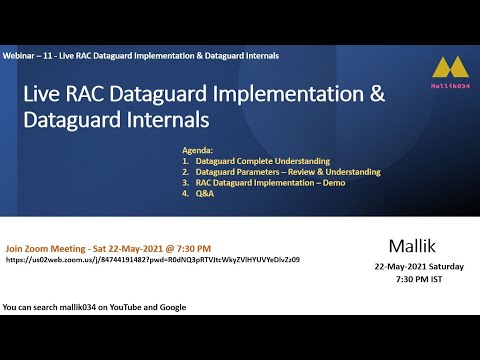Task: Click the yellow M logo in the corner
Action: point(446,68)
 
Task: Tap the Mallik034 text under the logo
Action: point(446,88)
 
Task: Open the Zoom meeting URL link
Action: point(152,259)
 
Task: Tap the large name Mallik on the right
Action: point(413,245)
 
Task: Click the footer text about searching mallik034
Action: point(94,306)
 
